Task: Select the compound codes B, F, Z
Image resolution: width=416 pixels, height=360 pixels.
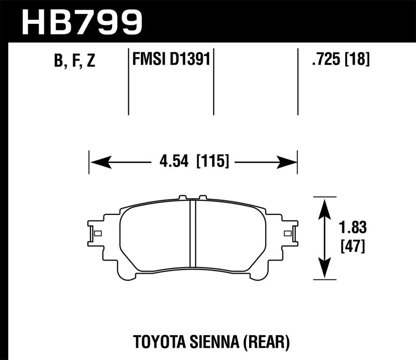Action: pyautogui.click(x=74, y=62)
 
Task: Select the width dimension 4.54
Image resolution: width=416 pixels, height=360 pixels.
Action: pyautogui.click(x=173, y=162)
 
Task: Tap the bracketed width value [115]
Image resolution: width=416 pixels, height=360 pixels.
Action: pyautogui.click(x=212, y=162)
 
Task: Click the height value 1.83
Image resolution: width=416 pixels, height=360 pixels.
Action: pyautogui.click(x=353, y=228)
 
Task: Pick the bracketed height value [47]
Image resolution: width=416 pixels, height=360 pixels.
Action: pyautogui.click(x=353, y=246)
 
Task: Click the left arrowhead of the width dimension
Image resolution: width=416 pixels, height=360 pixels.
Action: pyautogui.click(x=99, y=162)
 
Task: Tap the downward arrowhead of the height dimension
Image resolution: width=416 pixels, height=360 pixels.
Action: pyautogui.click(x=324, y=271)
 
